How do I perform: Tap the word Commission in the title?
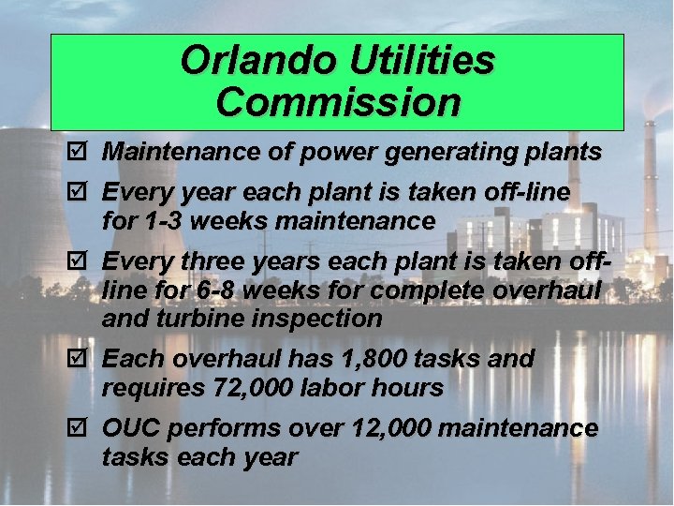(338, 102)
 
